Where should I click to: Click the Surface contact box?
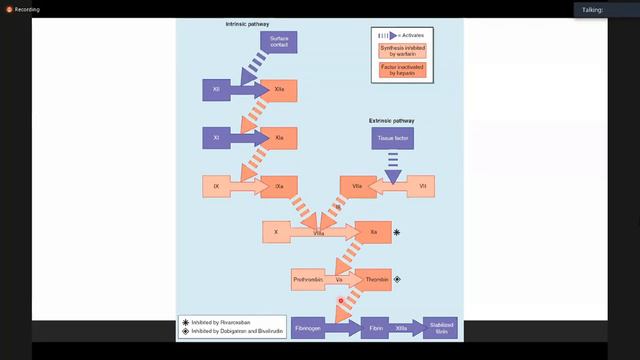pyautogui.click(x=279, y=44)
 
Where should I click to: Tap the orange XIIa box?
pyautogui.click(x=280, y=90)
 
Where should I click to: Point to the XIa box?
pyautogui.click(x=280, y=137)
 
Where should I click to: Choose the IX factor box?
pyautogui.click(x=217, y=185)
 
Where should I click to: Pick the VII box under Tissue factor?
pyautogui.click(x=422, y=185)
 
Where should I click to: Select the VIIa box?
pyautogui.click(x=357, y=185)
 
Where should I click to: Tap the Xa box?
pyautogui.click(x=373, y=232)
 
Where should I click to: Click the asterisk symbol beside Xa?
pyautogui.click(x=397, y=232)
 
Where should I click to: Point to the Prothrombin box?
pyautogui.click(x=307, y=280)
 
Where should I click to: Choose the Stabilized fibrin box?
pyautogui.click(x=441, y=327)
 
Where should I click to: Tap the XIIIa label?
pyautogui.click(x=402, y=327)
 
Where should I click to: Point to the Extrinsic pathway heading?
pyautogui.click(x=392, y=120)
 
